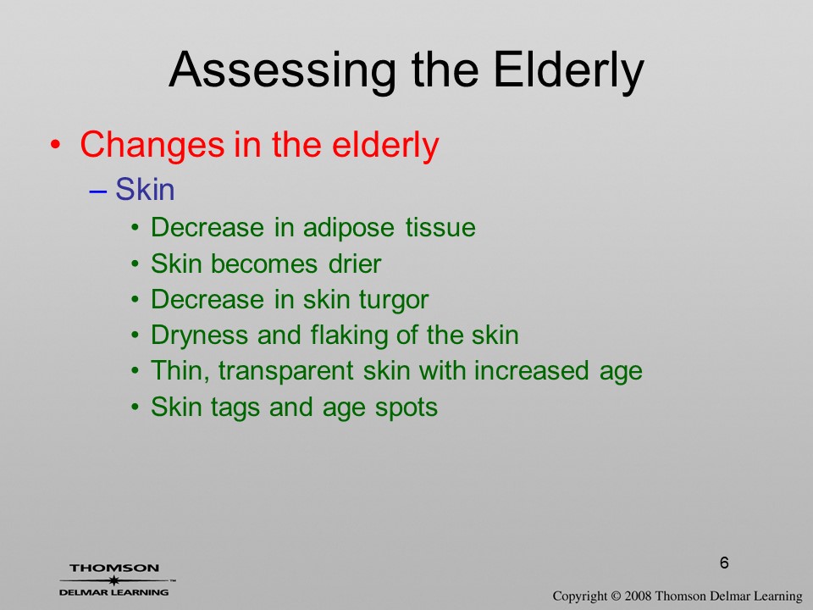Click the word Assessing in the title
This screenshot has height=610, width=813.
pyautogui.click(x=283, y=70)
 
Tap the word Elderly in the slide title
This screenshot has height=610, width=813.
pyautogui.click(x=568, y=70)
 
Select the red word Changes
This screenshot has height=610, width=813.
pyautogui.click(x=152, y=145)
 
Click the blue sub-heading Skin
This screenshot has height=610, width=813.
pyautogui.click(x=145, y=189)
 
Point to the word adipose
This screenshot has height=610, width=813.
pyautogui.click(x=348, y=228)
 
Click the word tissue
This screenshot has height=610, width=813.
pyautogui.click(x=440, y=227)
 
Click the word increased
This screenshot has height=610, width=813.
pyautogui.click(x=532, y=371)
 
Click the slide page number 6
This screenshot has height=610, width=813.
pyautogui.click(x=724, y=563)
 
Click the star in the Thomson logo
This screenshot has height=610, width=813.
pyautogui.click(x=113, y=580)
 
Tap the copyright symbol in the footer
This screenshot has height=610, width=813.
pyautogui.click(x=616, y=596)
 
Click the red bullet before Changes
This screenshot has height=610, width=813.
pyautogui.click(x=56, y=144)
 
